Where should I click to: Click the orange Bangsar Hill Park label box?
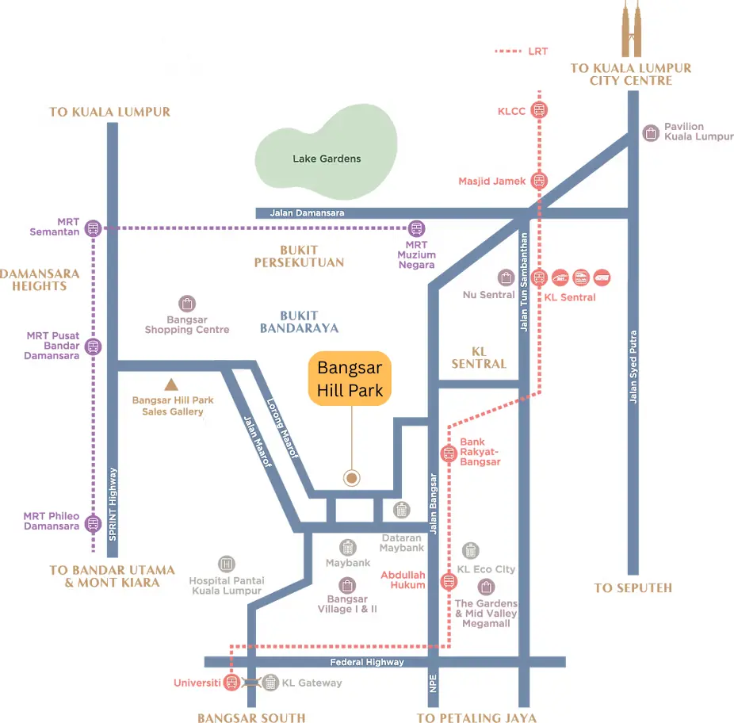350,378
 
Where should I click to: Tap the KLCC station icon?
539,111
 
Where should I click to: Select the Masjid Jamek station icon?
539,181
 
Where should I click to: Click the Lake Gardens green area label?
327,159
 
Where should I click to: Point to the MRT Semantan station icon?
94,228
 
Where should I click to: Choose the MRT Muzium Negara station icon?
416,228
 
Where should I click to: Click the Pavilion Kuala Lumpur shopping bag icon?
651,132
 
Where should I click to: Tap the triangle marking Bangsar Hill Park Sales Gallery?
170,385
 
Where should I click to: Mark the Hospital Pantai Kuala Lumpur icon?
227,564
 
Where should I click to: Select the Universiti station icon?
231,683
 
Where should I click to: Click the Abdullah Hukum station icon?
449,581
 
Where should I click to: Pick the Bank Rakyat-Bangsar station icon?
448,453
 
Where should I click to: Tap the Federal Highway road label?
367,662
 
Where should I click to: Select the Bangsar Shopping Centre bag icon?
187,304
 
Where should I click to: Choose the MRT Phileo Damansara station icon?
94,523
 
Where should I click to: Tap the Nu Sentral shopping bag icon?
506,277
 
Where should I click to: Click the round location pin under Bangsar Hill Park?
351,478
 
